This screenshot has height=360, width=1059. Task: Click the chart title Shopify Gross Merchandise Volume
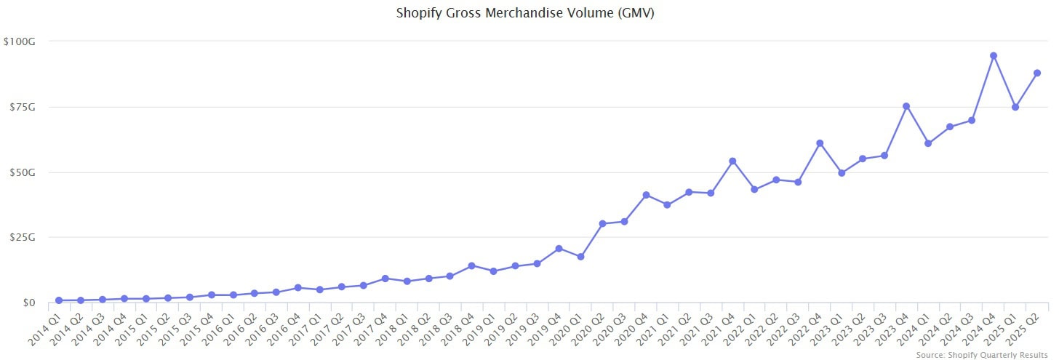click(525, 13)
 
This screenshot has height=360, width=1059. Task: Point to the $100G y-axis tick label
click(20, 41)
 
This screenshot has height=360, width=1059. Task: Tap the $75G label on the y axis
click(22, 107)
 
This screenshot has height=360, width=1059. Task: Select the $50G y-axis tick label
click(22, 172)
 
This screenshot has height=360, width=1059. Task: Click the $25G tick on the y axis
click(22, 238)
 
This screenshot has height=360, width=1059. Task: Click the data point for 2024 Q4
click(994, 55)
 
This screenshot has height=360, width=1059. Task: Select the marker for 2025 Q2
click(1037, 73)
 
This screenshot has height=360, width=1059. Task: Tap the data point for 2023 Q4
click(906, 106)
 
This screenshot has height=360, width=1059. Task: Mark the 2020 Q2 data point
click(602, 223)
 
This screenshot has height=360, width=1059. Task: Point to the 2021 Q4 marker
click(732, 161)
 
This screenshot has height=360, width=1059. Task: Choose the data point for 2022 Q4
click(820, 143)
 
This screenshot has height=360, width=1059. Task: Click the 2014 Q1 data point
click(58, 300)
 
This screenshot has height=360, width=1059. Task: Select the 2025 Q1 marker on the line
click(1015, 107)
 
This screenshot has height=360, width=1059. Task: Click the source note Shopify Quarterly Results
click(982, 354)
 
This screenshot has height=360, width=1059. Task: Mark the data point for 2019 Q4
click(559, 249)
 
